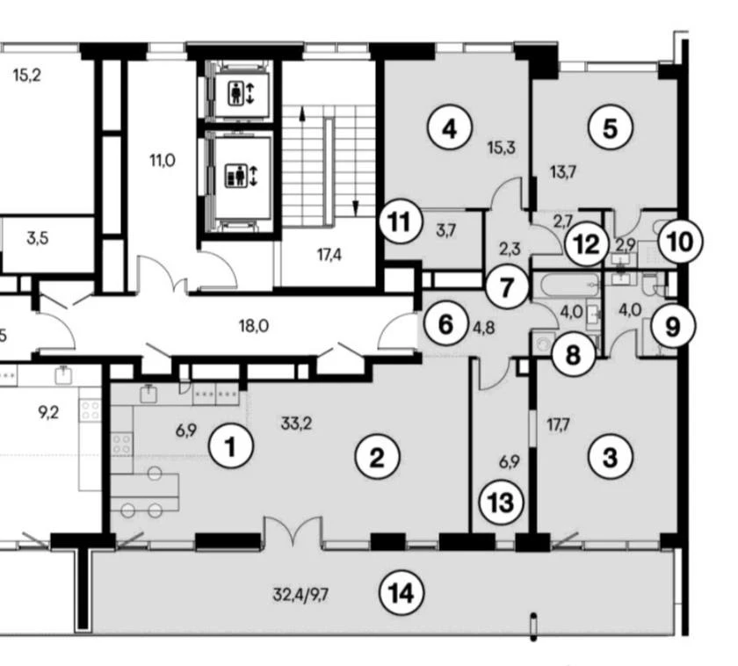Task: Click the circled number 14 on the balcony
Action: click(x=402, y=594)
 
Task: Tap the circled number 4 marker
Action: click(x=450, y=128)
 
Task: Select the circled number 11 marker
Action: click(x=400, y=221)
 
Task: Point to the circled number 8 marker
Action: click(x=572, y=354)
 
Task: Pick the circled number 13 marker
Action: click(x=501, y=503)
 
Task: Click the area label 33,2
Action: click(x=297, y=424)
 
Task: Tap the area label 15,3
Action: click(x=502, y=148)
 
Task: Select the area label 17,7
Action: click(x=558, y=425)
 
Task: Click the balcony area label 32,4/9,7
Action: click(x=300, y=595)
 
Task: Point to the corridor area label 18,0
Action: click(x=254, y=325)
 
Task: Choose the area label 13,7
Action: click(x=563, y=172)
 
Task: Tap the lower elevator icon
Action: click(x=241, y=176)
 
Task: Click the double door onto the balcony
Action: click(x=293, y=532)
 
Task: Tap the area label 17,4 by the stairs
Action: click(x=329, y=255)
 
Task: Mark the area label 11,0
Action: click(x=163, y=161)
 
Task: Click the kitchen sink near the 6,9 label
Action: click(x=148, y=394)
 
